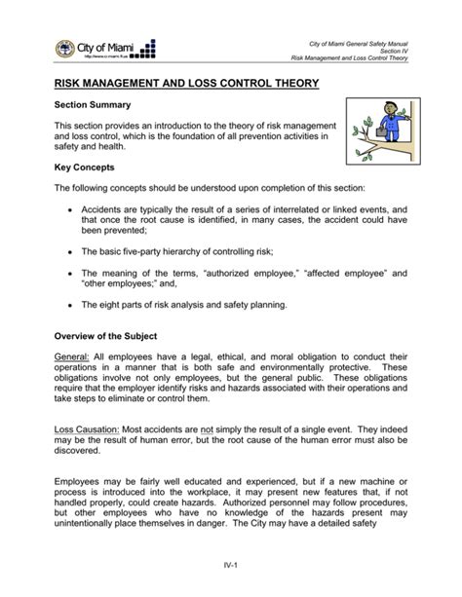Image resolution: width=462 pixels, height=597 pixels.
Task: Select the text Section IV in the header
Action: click(x=394, y=49)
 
